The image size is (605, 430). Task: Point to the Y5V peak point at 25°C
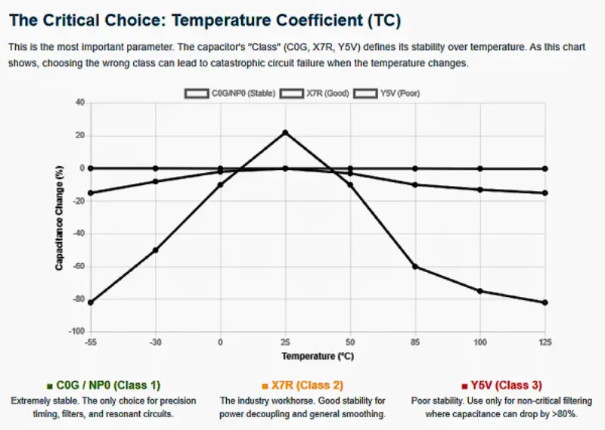coord(285,132)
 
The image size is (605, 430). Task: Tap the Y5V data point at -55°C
coord(91,302)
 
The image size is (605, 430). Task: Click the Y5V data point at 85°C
coord(414,266)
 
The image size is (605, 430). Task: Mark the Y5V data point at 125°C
coord(544,302)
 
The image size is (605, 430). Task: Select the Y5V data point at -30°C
coord(156,249)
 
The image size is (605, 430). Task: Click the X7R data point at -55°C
coord(91,193)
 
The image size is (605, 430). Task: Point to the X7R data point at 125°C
coord(544,193)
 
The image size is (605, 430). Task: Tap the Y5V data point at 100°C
coord(479,291)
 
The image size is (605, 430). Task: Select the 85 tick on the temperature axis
coord(414,342)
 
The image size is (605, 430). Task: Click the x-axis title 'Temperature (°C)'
coord(318,355)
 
